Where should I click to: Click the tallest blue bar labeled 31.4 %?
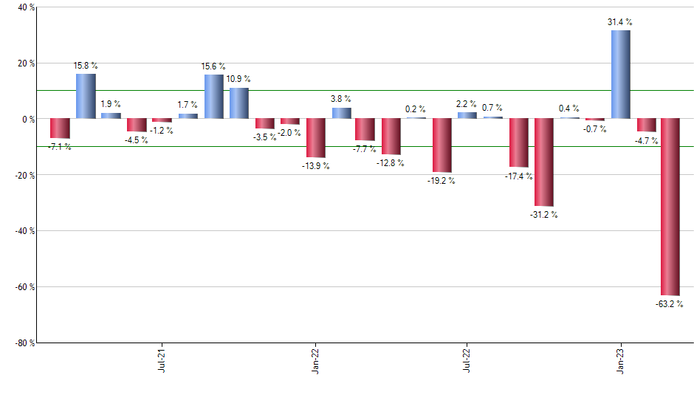621,74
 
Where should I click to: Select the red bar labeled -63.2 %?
671,207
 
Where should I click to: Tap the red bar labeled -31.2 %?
544,162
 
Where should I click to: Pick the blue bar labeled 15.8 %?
86,96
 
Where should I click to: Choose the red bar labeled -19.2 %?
442,145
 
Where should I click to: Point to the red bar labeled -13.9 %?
316,137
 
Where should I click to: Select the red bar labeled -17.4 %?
519,142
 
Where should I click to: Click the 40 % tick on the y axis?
26,7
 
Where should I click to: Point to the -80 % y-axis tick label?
24,343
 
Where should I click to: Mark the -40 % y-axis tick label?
24,231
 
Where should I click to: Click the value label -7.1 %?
59,147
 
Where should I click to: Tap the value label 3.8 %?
340,99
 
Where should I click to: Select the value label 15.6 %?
213,66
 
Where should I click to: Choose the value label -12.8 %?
391,163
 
